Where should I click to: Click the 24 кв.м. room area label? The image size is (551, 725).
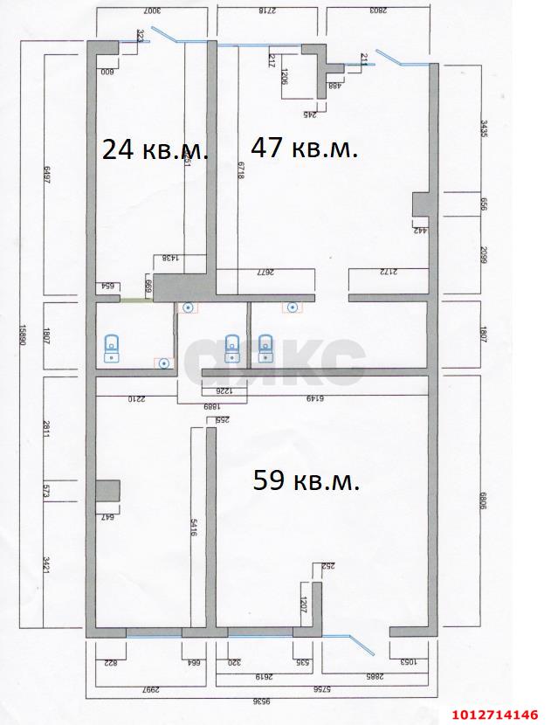(x=155, y=150)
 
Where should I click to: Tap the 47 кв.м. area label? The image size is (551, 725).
(x=305, y=148)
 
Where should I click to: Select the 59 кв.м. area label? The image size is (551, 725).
(x=306, y=480)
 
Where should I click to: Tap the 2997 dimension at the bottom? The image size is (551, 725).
(x=148, y=687)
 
